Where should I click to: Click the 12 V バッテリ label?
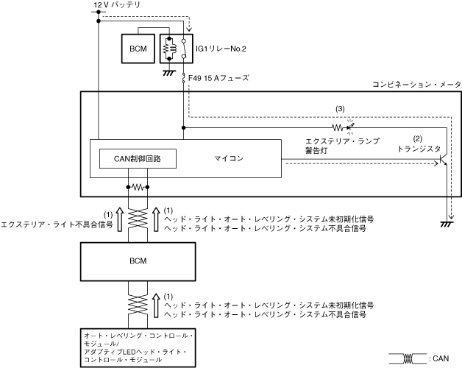pyautogui.click(x=117, y=5)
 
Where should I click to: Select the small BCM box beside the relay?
pyautogui.click(x=138, y=49)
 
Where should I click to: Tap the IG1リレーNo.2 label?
pyautogui.click(x=221, y=49)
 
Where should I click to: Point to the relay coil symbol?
pyautogui.click(x=169, y=49)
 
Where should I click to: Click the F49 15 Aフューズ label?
pyautogui.click(x=218, y=78)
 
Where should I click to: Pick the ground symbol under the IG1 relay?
pyautogui.click(x=169, y=73)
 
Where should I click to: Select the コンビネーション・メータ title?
pyautogui.click(x=417, y=85)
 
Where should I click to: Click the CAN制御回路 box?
pyautogui.click(x=138, y=159)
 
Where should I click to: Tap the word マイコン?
pyautogui.click(x=229, y=158)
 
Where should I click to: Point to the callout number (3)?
pyautogui.click(x=340, y=109)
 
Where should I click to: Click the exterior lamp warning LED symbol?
pyautogui.click(x=349, y=127)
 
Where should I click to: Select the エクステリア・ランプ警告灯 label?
pyautogui.click(x=342, y=146)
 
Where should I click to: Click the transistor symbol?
pyautogui.click(x=444, y=160)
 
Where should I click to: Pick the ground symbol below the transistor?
pyautogui.click(x=447, y=224)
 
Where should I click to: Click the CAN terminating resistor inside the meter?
pyautogui.click(x=138, y=187)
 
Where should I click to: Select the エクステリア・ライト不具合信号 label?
pyautogui.click(x=57, y=225)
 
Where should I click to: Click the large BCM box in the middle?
pyautogui.click(x=138, y=261)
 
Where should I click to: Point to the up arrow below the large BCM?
pyautogui.click(x=156, y=305)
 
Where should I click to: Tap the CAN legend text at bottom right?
pyautogui.click(x=439, y=358)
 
